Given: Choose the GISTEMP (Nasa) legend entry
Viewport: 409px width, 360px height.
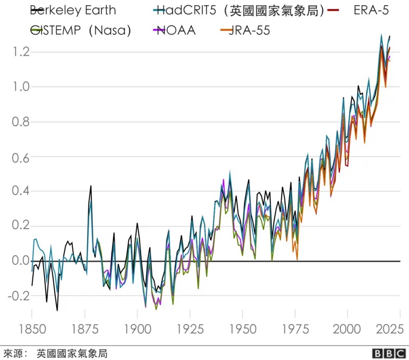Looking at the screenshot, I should point(80,30).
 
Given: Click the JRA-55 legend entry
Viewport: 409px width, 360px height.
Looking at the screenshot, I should point(249,30).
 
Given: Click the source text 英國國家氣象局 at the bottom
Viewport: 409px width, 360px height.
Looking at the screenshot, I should point(72,353).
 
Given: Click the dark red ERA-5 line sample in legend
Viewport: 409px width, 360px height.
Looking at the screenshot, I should point(333,10).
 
